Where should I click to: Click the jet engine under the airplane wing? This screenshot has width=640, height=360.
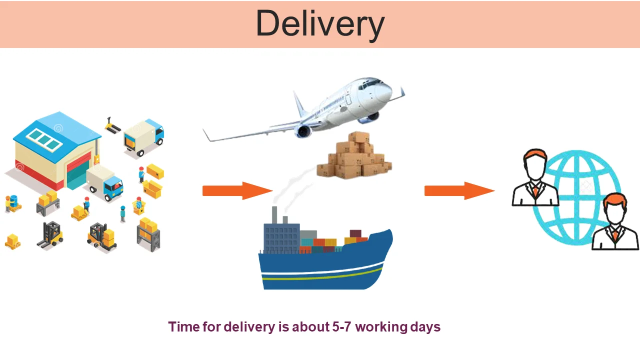coord(303,131)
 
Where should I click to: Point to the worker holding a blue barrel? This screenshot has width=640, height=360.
coord(12,202)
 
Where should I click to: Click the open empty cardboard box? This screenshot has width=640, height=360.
coord(152,189)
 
